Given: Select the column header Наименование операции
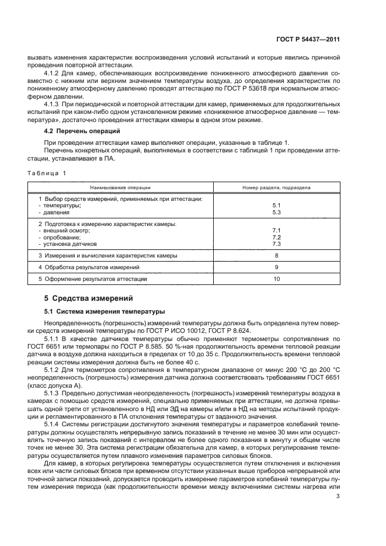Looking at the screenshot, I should click(x=120, y=188).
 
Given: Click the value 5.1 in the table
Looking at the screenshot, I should click(x=276, y=206).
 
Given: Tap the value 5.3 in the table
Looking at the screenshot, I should click(x=276, y=212).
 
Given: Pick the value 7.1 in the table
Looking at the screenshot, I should click(x=276, y=231).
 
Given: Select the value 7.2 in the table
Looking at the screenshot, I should click(x=276, y=237).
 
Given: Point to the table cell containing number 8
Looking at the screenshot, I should click(x=276, y=255).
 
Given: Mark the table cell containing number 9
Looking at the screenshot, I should click(x=276, y=267).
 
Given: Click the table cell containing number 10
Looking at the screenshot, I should click(x=276, y=279).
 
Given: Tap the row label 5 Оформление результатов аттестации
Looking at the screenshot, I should click(x=93, y=279).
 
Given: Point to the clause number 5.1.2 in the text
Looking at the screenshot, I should click(x=54, y=370).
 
